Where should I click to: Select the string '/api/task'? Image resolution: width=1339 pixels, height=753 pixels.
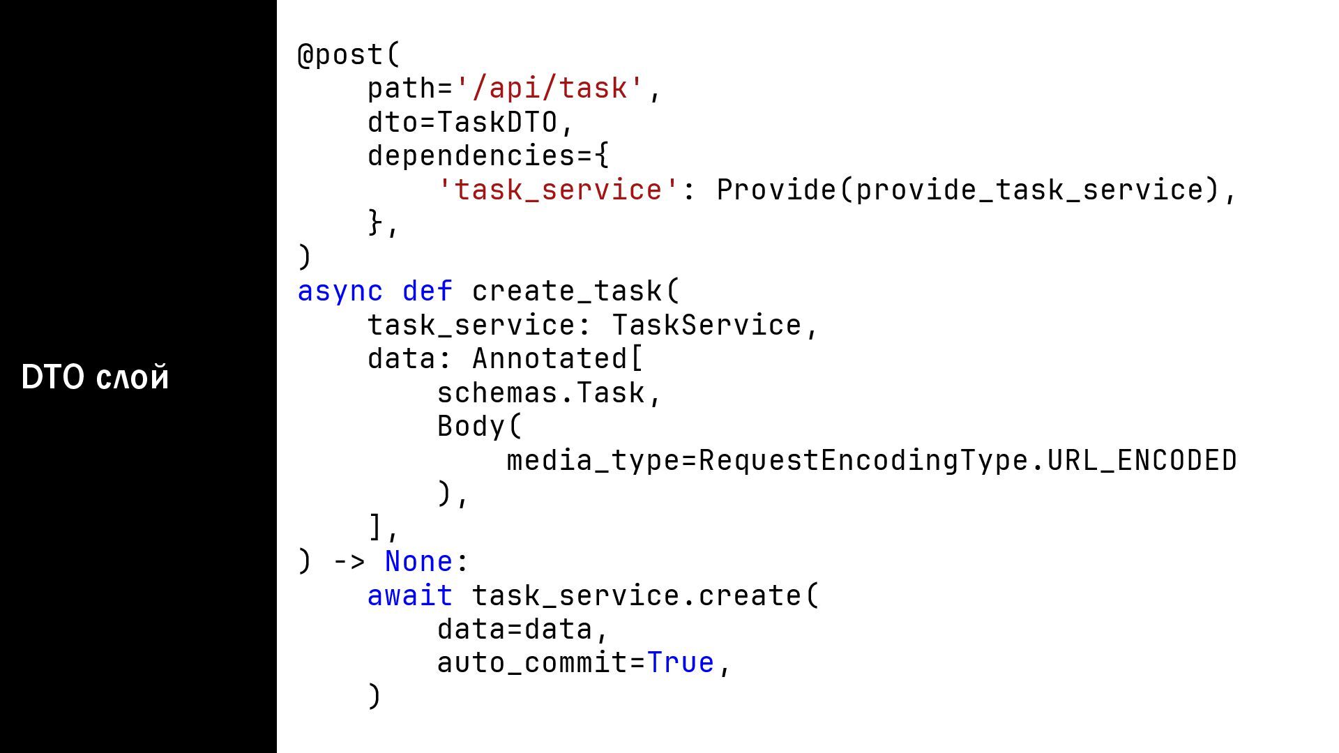tap(550, 89)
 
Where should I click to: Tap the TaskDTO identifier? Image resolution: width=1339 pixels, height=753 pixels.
tap(497, 123)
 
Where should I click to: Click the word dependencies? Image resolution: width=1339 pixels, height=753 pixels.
tap(471, 156)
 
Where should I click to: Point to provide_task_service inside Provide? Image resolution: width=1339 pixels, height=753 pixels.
tap(1029, 190)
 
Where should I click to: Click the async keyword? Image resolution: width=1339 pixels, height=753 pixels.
tap(340, 291)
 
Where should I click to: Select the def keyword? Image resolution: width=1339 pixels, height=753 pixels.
tap(428, 291)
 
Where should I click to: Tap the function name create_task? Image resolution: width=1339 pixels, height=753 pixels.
tap(567, 291)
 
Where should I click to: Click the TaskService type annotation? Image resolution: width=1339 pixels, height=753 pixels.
tap(706, 326)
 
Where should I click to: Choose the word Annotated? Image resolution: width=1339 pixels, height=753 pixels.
tap(550, 359)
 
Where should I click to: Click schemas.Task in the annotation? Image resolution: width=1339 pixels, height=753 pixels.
tap(540, 393)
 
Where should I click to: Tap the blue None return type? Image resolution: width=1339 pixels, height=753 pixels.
tap(418, 562)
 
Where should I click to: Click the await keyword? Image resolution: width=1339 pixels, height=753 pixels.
tap(410, 596)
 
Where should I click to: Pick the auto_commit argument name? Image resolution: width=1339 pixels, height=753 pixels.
tap(532, 663)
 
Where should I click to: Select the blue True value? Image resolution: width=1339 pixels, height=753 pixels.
tap(681, 663)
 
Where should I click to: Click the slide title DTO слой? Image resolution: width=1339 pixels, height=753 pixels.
tap(96, 377)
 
